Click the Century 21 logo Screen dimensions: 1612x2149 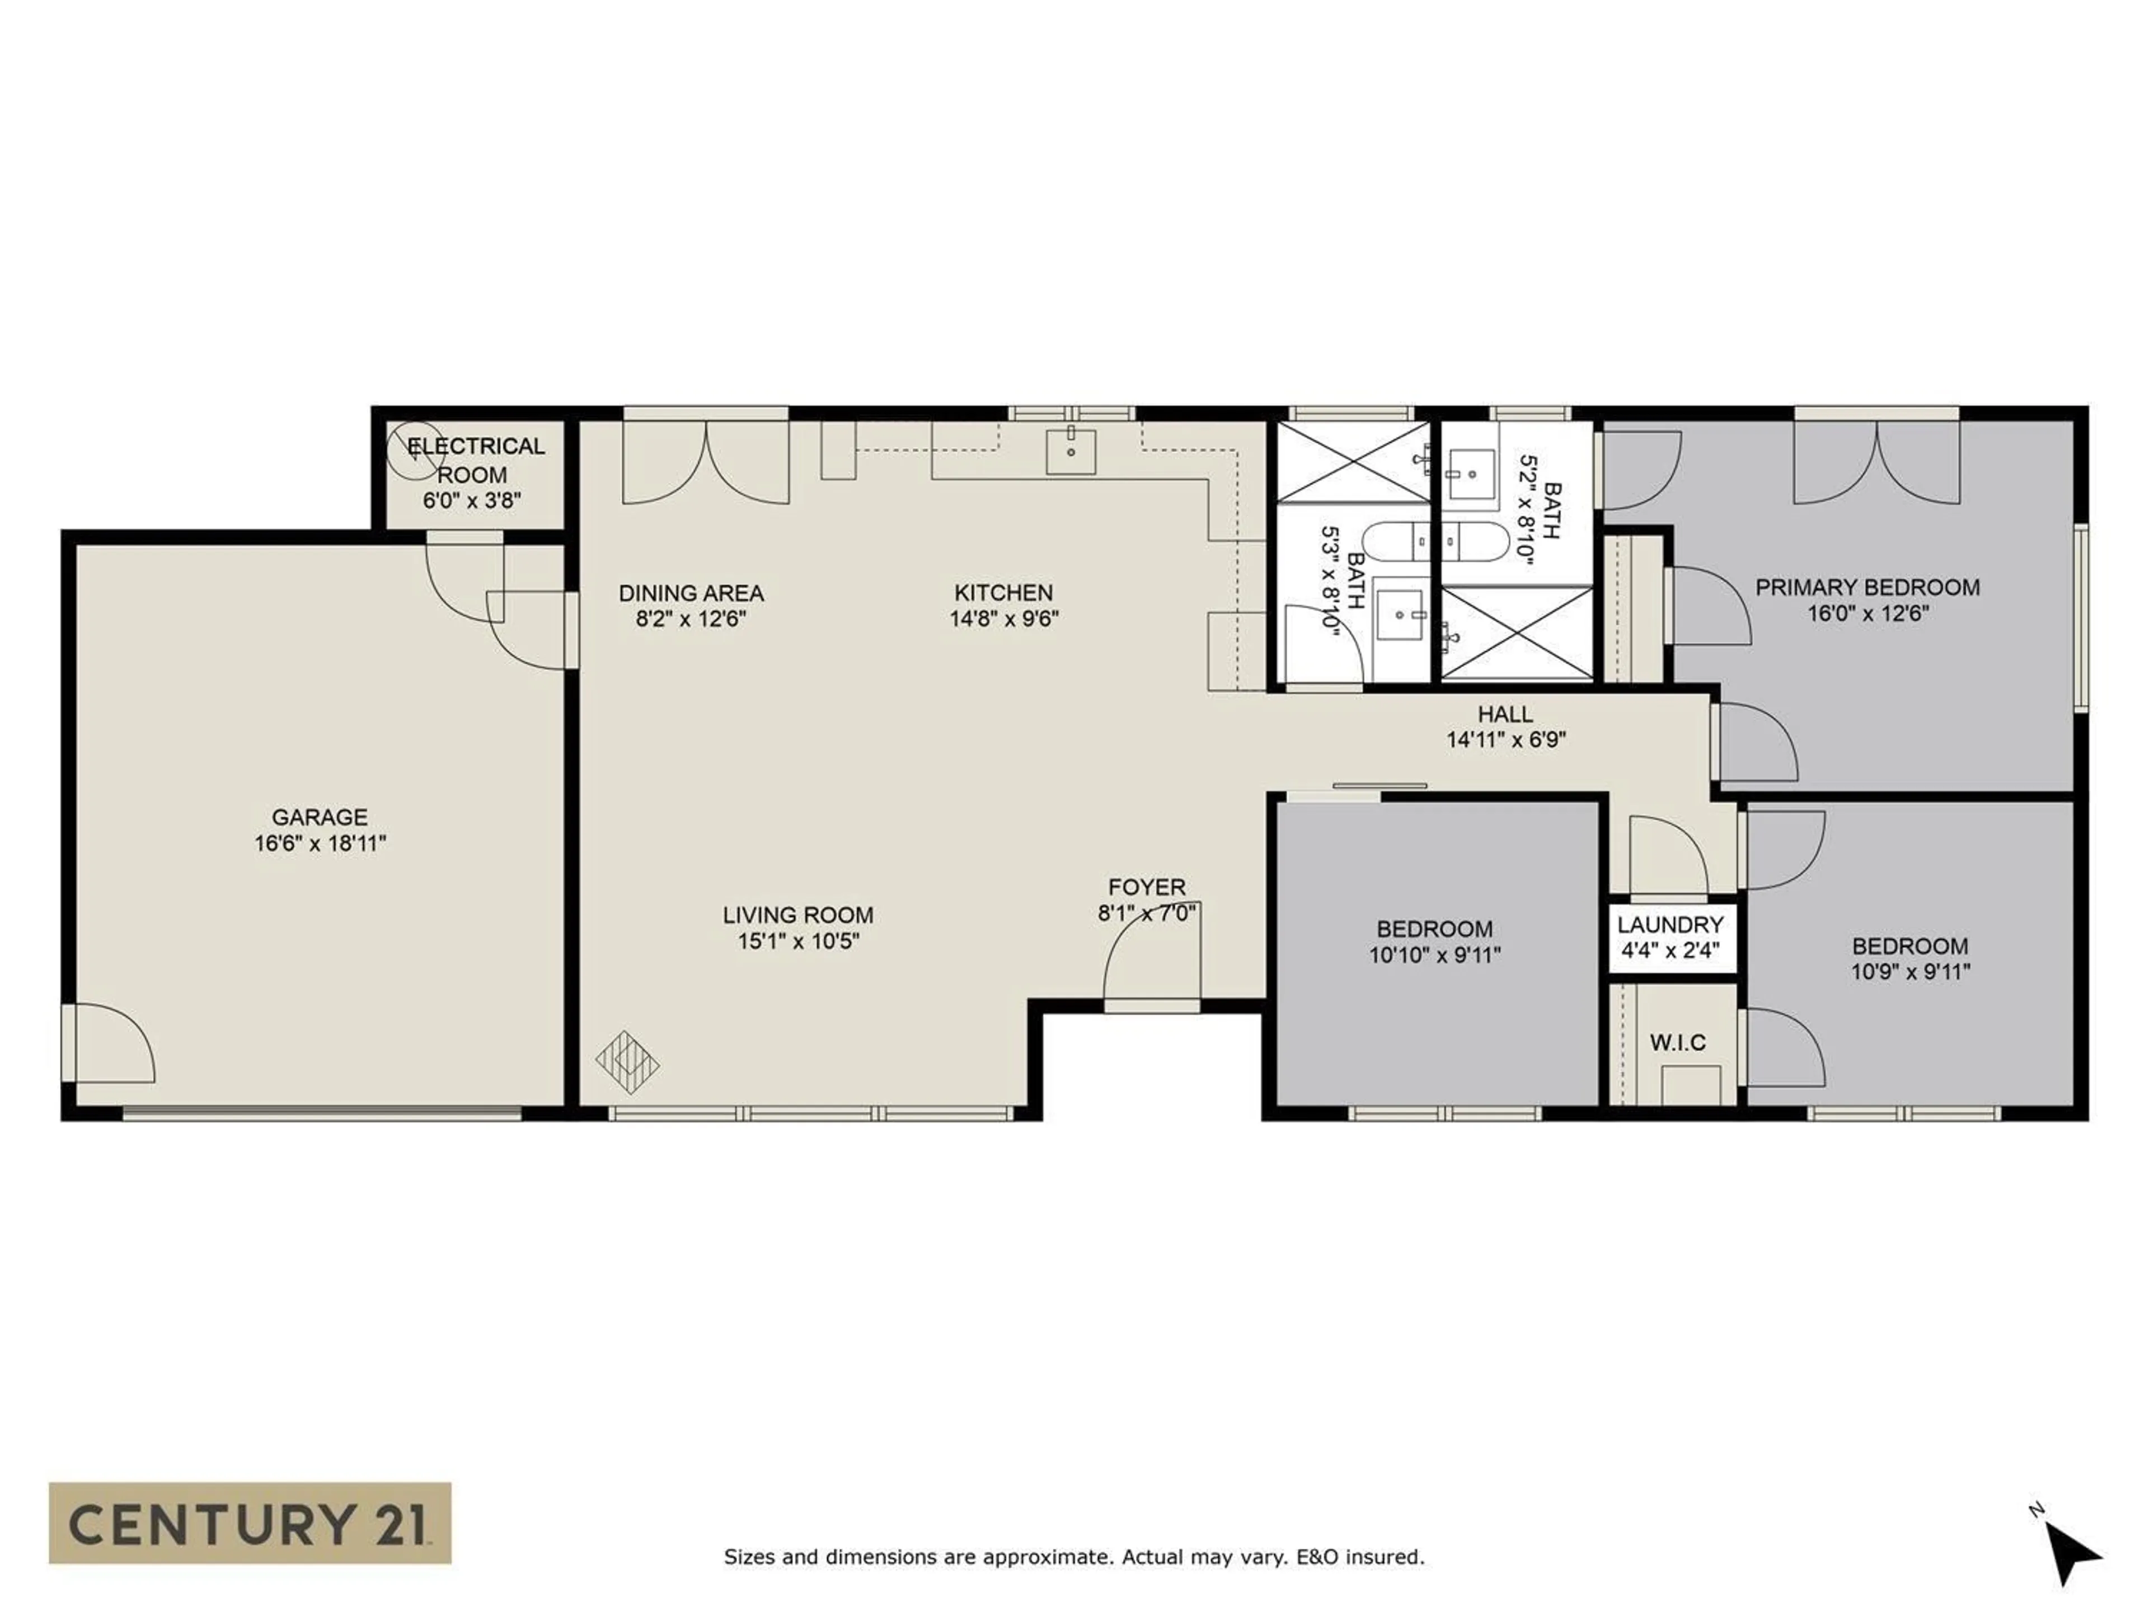click(x=250, y=1522)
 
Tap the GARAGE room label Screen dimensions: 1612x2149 click(x=320, y=817)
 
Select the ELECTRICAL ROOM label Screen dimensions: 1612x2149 click(x=475, y=460)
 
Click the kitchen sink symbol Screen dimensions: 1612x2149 click(x=1071, y=451)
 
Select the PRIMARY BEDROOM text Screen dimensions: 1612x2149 click(x=1866, y=587)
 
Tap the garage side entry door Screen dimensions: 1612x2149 click(x=109, y=1042)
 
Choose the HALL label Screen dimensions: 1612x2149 click(x=1505, y=714)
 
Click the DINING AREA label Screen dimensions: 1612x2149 click(x=691, y=593)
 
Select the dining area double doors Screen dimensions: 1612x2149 click(x=705, y=462)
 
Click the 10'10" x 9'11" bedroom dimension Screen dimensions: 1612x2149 click(x=1434, y=955)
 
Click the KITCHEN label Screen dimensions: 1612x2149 click(x=1003, y=593)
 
